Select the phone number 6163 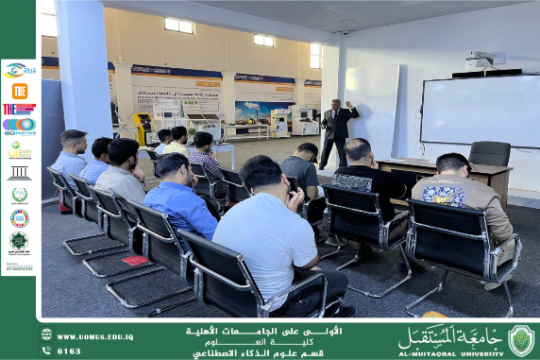(69, 351)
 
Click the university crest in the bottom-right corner (520, 340)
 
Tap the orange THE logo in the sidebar (19, 91)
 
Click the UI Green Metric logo (19, 150)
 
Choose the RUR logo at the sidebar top (19, 69)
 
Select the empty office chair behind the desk (489, 154)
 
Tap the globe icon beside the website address (46, 336)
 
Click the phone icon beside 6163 (46, 351)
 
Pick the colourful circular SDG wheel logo (19, 218)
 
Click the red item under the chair (135, 260)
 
